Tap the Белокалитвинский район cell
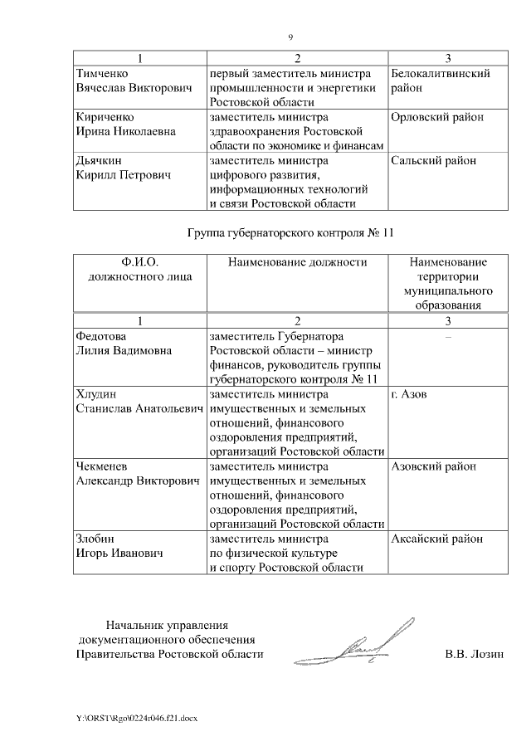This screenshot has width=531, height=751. (x=440, y=80)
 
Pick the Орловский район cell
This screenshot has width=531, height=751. (x=436, y=117)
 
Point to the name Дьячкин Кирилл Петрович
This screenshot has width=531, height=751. (x=122, y=168)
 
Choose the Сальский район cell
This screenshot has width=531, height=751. (x=431, y=161)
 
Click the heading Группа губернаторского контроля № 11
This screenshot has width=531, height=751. (x=290, y=233)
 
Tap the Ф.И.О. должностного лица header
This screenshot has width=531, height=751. (x=139, y=270)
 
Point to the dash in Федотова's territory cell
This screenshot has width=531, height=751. (x=448, y=338)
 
